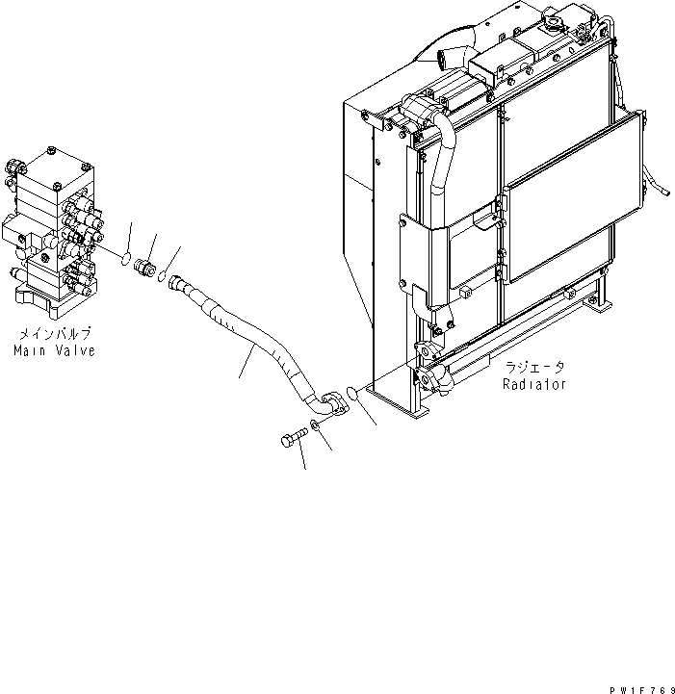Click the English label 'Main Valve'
click(54, 351)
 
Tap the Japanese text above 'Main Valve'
click(54, 334)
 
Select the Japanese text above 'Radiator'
click(535, 367)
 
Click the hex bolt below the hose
click(292, 438)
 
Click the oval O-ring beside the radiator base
click(353, 393)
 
